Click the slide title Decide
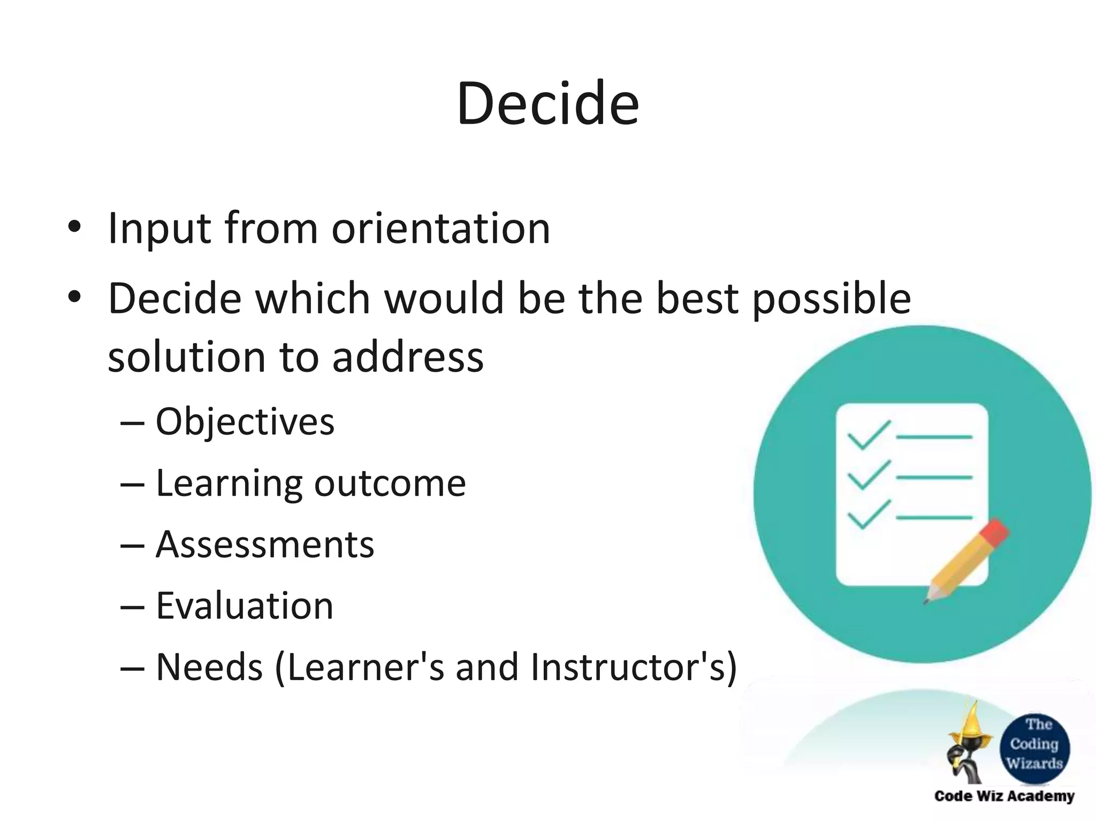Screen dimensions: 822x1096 coord(547,103)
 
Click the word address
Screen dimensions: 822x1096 coord(408,357)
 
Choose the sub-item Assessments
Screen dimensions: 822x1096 coord(264,545)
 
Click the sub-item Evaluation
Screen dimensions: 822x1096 coord(244,606)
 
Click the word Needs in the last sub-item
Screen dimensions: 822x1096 coord(209,667)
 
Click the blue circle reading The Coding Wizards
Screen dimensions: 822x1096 coord(1034,744)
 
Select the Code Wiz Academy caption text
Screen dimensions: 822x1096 coord(1004,796)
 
